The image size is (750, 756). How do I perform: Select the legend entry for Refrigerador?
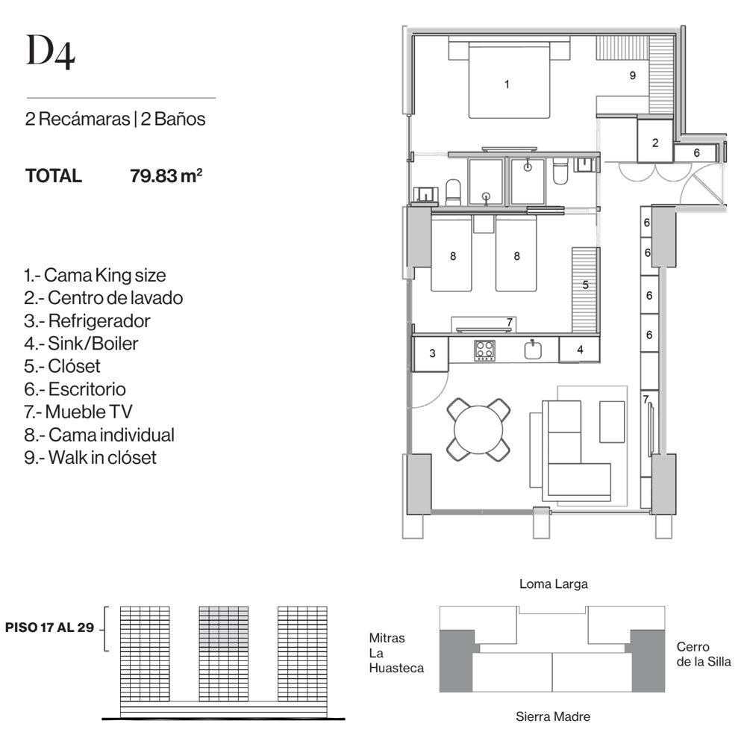click(x=87, y=320)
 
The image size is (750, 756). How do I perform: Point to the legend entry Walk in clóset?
click(x=90, y=457)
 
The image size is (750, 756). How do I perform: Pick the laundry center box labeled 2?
click(x=655, y=142)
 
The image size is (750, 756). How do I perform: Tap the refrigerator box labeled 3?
click(x=431, y=353)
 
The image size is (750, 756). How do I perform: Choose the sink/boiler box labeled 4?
click(x=579, y=349)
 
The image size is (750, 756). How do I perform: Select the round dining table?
click(x=479, y=429)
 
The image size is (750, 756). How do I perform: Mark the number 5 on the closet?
click(x=586, y=285)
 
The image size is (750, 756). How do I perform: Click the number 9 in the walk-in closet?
click(x=633, y=75)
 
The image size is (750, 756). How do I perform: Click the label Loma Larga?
click(x=553, y=584)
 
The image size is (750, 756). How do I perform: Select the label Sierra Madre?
click(x=553, y=716)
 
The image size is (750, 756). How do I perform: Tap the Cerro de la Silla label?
click(x=704, y=654)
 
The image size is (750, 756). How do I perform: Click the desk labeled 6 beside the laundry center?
click(x=696, y=152)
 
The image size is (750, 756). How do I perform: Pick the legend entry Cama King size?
click(x=95, y=275)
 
